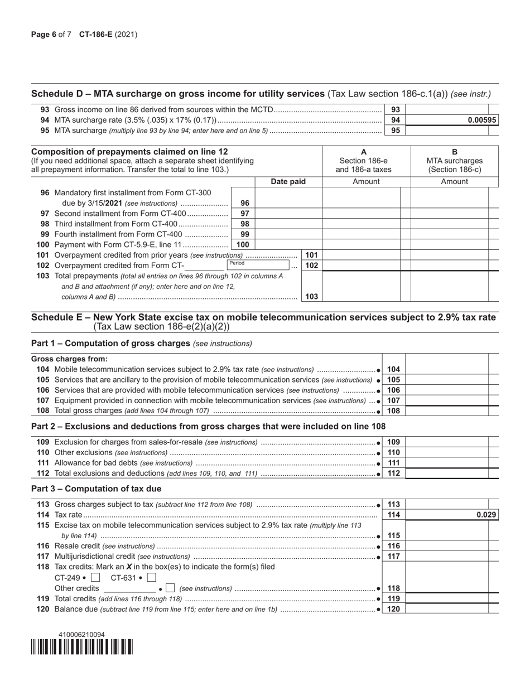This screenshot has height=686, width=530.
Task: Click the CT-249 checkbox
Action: pyautogui.click(x=95, y=578)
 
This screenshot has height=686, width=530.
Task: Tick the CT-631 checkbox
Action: pyautogui.click(x=151, y=578)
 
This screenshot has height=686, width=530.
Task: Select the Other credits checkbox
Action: pyautogui.click(x=171, y=588)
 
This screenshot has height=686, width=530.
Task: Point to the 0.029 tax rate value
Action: pyautogui.click(x=486, y=515)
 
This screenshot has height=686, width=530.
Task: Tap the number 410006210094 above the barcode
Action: pyautogui.click(x=81, y=635)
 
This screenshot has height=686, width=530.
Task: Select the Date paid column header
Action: pyautogui.click(x=288, y=182)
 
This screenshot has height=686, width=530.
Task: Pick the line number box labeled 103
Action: pyautogui.click(x=311, y=297)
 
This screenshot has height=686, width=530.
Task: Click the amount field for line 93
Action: pyautogui.click(x=449, y=110)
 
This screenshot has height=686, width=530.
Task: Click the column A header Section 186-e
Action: pyautogui.click(x=366, y=161)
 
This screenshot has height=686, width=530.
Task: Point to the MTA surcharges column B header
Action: pyautogui.click(x=454, y=161)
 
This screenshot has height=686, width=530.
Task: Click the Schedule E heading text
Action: pyautogui.click(x=263, y=317)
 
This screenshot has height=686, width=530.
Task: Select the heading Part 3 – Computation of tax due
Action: pyautogui.click(x=97, y=489)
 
